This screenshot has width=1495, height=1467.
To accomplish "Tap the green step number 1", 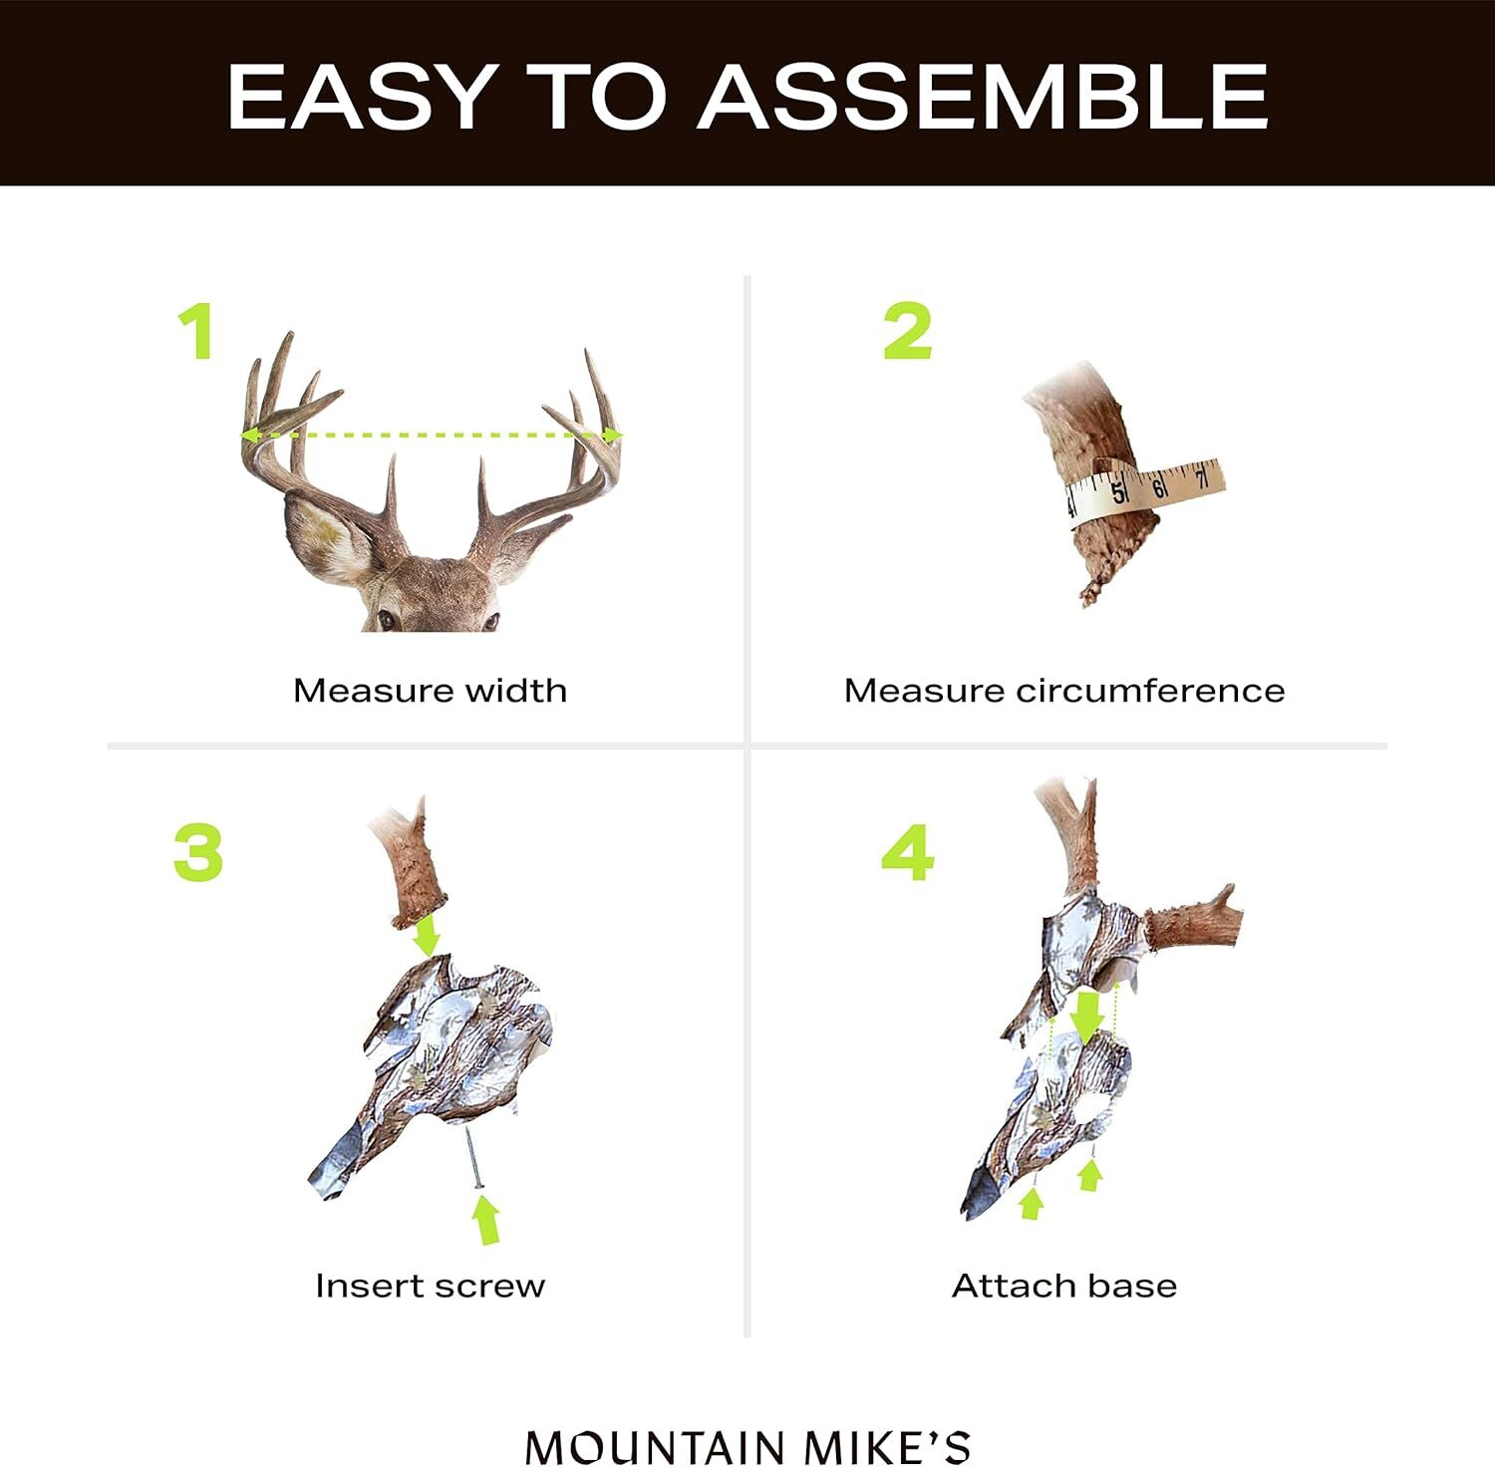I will pos(197,332).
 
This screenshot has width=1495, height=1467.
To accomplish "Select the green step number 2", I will pos(907,332).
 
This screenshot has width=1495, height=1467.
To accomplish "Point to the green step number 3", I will pos(198,853).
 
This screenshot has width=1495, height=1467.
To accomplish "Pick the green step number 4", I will pos(908,853).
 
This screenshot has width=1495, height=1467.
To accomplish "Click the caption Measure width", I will pos(430,691).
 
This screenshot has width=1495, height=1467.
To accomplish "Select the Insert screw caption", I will pos(430,1286).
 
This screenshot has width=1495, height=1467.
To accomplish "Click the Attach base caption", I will pos(1064,1286).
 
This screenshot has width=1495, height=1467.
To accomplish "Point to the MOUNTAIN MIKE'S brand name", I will pos(747,1447).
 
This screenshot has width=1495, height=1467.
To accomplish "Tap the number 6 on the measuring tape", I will pos(1159,487).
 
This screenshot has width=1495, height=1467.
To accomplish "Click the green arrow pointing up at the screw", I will pos(486,1220).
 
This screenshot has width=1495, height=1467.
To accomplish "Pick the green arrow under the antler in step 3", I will pos(428,935).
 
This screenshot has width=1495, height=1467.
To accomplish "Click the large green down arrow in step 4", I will pos(1086,1015).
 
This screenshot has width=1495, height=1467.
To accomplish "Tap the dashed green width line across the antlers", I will pos(431,436).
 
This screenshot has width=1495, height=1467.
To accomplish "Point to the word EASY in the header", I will pos(359,97).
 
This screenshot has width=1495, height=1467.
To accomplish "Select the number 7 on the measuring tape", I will pos(1202,477).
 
